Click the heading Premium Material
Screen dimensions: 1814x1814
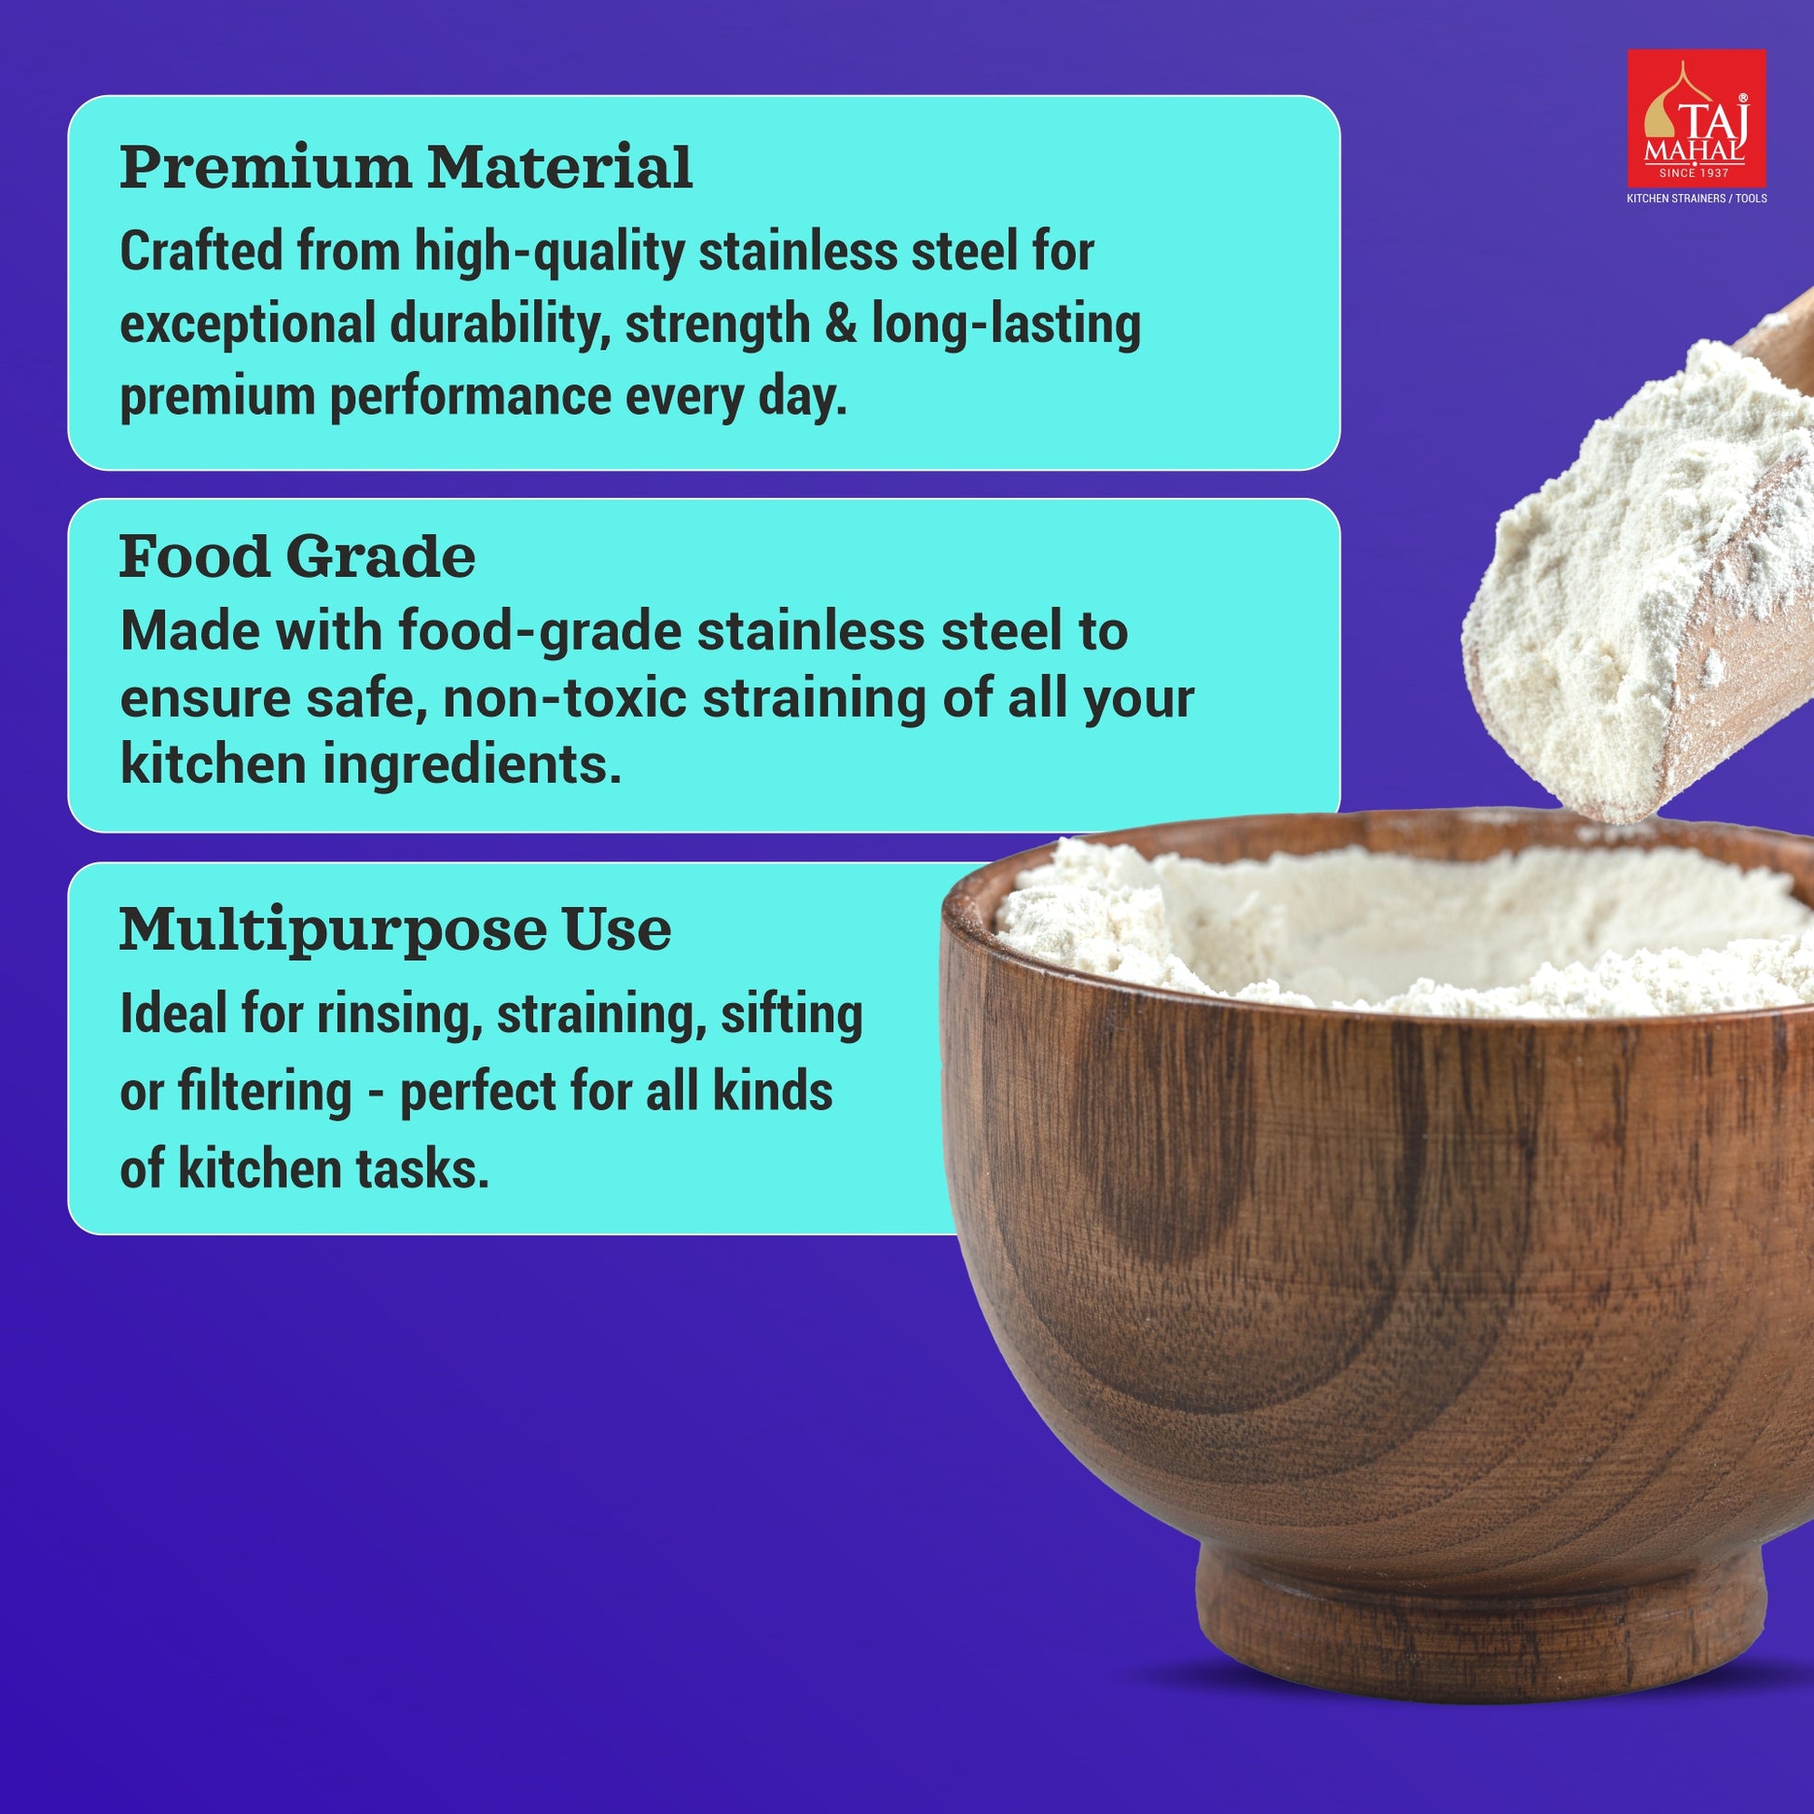tap(405, 168)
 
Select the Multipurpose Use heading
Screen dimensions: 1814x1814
tap(395, 931)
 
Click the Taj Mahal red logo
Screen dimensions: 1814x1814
tap(1696, 118)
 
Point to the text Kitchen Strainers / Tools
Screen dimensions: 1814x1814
tap(1697, 199)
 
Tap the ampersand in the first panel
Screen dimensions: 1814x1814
tap(840, 324)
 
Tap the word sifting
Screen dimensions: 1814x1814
tap(791, 1016)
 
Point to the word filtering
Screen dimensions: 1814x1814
tap(265, 1093)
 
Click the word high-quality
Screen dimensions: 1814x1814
tap(550, 254)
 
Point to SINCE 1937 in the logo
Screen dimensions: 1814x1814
tap(1695, 172)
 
